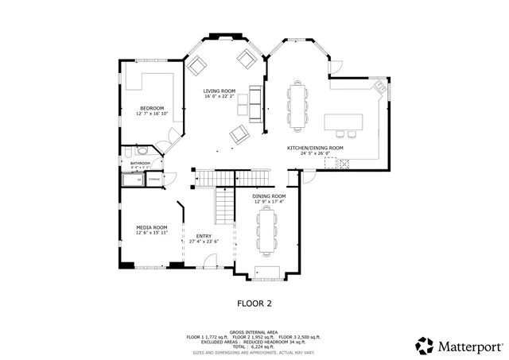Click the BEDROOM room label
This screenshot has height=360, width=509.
(152, 108)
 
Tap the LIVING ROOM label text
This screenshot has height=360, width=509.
(219, 91)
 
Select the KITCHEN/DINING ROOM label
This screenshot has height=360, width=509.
(315, 148)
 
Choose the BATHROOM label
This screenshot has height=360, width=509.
(141, 163)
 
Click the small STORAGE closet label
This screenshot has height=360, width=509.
(154, 180)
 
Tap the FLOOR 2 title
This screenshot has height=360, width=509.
(254, 303)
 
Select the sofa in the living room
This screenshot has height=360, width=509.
(255, 103)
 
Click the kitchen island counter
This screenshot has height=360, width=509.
(344, 122)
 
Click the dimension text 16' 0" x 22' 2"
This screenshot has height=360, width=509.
(219, 97)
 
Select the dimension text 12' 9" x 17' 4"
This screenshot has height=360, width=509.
(269, 202)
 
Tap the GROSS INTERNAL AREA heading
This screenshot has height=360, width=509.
(254, 331)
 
